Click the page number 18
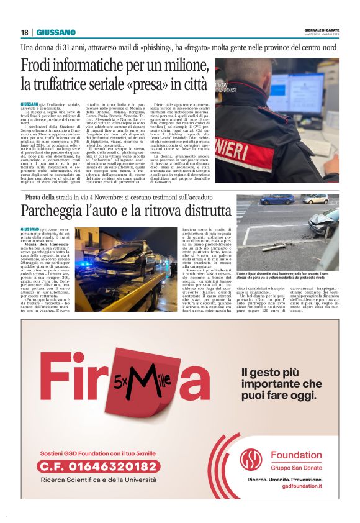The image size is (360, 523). coord(24,32)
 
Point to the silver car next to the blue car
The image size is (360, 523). coord(315,199)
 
